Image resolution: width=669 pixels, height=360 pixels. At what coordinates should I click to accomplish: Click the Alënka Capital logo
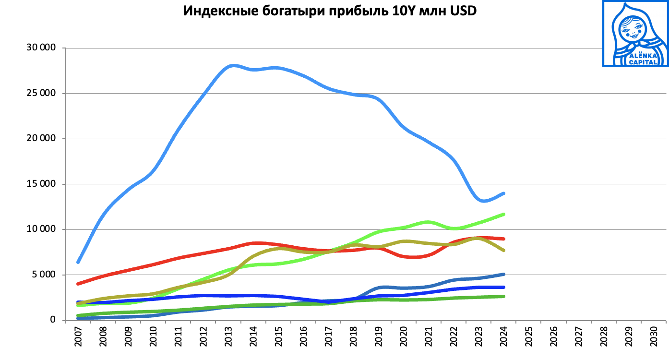[x=634, y=34]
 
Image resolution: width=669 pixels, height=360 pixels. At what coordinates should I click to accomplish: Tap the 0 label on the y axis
[x=53, y=320]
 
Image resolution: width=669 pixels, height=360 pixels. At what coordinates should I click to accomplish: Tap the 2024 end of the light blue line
[x=503, y=193]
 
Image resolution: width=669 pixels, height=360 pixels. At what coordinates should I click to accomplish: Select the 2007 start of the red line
[x=78, y=284]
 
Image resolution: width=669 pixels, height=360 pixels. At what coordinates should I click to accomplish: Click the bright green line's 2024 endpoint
[x=503, y=214]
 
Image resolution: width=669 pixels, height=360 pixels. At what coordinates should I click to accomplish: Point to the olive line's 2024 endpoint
[x=503, y=250]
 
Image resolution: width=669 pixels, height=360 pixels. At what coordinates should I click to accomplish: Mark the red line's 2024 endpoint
[x=503, y=239]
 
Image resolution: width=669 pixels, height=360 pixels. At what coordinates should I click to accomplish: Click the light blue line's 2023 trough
[x=482, y=201]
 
